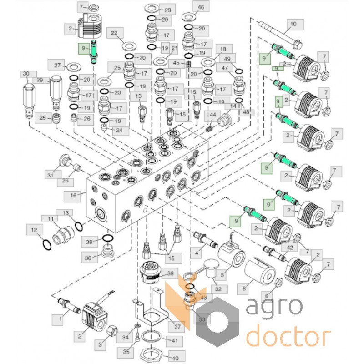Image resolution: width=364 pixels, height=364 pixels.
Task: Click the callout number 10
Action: point(293,23)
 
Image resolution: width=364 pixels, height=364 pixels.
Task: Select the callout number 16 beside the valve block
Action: point(73,196)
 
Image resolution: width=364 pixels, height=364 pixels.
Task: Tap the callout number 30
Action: point(26,74)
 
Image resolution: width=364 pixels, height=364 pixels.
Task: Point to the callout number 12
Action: point(34,232)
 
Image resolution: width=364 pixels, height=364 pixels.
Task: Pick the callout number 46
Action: point(201,6)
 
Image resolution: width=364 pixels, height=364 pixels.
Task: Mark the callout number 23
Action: point(155,10)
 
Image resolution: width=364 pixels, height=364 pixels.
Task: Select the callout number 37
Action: point(172,327)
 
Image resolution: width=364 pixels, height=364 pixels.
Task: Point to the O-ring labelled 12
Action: point(46,245)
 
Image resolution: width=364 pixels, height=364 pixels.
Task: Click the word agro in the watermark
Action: point(274,308)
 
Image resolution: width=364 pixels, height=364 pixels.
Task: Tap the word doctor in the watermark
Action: point(288,337)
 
